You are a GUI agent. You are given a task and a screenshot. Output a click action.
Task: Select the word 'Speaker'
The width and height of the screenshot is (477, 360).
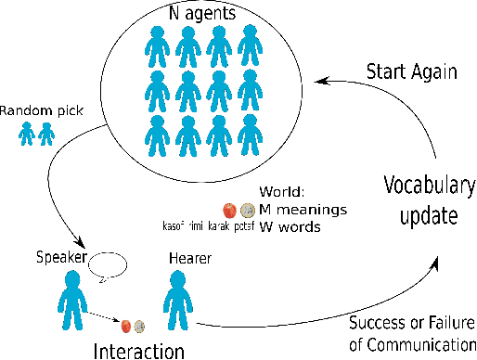60,256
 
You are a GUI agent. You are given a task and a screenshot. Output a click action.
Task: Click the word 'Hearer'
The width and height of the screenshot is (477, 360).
188,262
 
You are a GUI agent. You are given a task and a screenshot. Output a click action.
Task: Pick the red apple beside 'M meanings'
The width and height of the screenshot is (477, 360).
230,211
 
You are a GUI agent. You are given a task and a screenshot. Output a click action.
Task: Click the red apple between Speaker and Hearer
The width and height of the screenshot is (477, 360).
124,326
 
